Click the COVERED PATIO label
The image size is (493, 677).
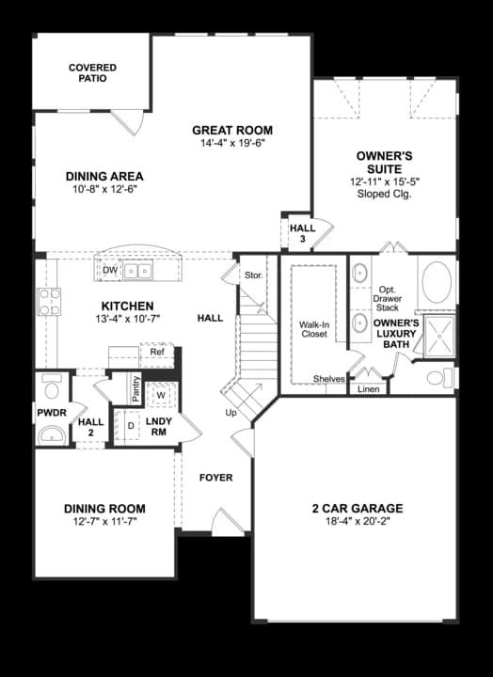pyautogui.click(x=92, y=73)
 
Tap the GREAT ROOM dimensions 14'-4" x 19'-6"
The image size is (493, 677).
pyautogui.click(x=232, y=144)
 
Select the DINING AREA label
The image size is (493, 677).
pyautogui.click(x=104, y=176)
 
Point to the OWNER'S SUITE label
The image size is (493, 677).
pyautogui.click(x=384, y=161)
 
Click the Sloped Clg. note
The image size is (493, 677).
pyautogui.click(x=384, y=194)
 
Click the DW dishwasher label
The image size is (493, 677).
pyautogui.click(x=111, y=271)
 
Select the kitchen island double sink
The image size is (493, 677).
pyautogui.click(x=139, y=271)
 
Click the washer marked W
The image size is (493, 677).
pyautogui.click(x=161, y=394)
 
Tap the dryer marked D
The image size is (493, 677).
pyautogui.click(x=131, y=426)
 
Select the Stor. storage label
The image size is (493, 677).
pyautogui.click(x=253, y=276)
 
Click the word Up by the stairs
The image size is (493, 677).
pyautogui.click(x=230, y=413)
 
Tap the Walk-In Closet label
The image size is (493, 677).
pyautogui.click(x=313, y=329)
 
